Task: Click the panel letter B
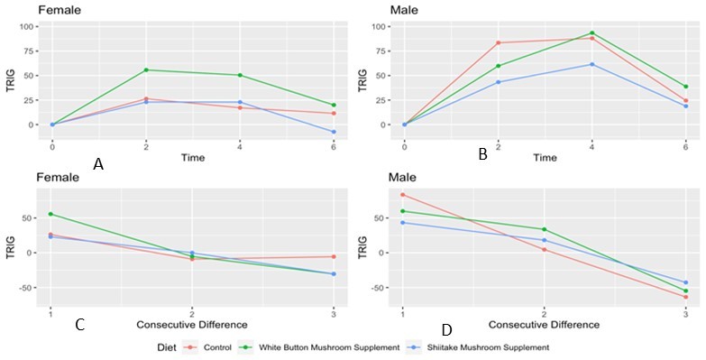(483, 155)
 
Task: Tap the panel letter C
(80, 324)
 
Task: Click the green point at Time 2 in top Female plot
(146, 70)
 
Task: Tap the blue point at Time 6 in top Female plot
(334, 132)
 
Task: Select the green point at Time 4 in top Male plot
(592, 33)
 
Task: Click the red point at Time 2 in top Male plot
(499, 42)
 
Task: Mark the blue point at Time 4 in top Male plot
(592, 64)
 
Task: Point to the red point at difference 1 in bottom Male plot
(403, 195)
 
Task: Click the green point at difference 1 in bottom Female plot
(50, 214)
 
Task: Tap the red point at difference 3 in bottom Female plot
(334, 257)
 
